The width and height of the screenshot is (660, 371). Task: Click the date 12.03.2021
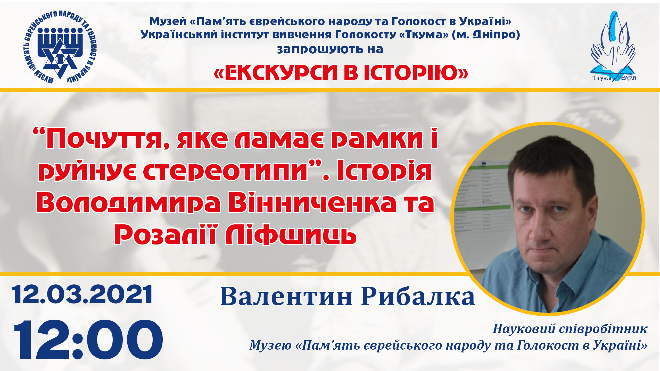click(x=82, y=294)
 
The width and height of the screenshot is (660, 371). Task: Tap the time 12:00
click(x=88, y=340)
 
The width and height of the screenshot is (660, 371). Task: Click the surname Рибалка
click(x=418, y=297)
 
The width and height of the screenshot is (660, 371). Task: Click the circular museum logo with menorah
click(x=60, y=47)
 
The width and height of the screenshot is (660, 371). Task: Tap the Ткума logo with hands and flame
click(x=613, y=46)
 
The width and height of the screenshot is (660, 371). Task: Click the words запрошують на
click(x=330, y=49)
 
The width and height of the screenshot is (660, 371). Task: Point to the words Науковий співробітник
click(x=570, y=329)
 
